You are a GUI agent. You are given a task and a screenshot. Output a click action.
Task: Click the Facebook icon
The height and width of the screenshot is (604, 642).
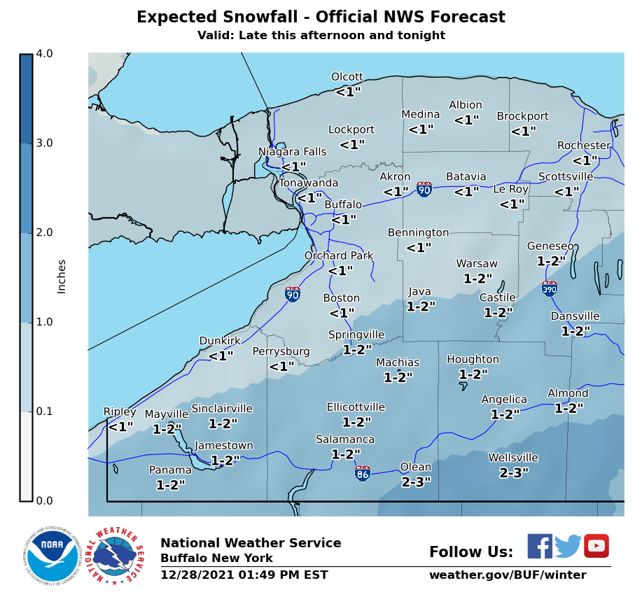tap(539, 546)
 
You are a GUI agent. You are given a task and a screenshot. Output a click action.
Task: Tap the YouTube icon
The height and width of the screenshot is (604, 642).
tap(596, 546)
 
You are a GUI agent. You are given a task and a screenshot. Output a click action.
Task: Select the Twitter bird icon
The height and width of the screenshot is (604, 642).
tap(568, 546)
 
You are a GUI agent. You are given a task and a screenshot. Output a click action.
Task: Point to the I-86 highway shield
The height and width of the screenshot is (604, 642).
tap(363, 474)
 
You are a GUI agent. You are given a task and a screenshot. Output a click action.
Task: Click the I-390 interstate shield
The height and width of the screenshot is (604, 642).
tap(550, 288)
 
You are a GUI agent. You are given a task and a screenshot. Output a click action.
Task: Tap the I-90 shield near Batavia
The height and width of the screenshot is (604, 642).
tap(424, 189)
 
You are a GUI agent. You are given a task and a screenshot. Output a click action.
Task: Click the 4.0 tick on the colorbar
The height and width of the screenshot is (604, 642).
tap(44, 54)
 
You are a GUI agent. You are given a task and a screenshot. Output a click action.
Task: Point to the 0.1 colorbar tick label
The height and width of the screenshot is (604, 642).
tap(44, 412)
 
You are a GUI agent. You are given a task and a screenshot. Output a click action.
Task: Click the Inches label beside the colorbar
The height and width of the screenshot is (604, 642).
tap(62, 276)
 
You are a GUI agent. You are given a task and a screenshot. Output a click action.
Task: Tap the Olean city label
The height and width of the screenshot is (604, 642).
tap(415, 468)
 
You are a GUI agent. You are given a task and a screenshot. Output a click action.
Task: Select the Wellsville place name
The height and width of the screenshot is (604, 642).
tap(513, 458)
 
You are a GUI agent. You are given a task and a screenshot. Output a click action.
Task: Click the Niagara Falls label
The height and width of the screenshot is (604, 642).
tap(292, 152)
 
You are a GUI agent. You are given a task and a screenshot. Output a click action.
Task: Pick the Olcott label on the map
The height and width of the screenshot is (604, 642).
tap(347, 77)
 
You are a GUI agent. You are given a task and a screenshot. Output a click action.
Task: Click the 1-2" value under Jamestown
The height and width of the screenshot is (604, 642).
tap(225, 460)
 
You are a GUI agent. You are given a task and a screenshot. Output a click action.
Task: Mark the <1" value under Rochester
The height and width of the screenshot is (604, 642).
tap(585, 160)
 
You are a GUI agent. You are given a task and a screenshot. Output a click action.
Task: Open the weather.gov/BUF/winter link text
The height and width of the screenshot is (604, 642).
tap(508, 575)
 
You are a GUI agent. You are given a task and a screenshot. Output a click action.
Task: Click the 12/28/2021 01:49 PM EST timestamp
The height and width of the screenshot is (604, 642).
tap(244, 575)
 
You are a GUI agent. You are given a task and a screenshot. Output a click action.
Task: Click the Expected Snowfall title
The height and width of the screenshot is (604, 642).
tap(321, 17)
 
